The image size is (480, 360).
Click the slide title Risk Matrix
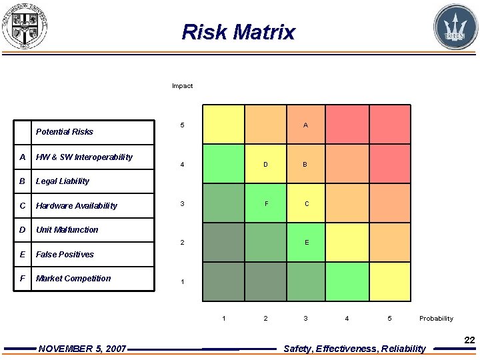pos(238,31)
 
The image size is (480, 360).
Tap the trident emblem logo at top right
pos(455,27)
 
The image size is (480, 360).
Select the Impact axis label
pos(182,86)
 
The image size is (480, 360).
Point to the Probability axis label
pos(436,319)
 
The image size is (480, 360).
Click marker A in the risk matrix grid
pos(305,125)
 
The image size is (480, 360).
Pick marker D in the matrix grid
pos(265,165)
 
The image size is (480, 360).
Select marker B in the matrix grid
pos(305,165)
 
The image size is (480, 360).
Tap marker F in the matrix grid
pos(265,203)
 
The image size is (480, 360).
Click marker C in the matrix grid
pos(307,203)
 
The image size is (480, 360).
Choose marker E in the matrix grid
pos(307,243)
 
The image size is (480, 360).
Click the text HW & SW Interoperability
pos(84,157)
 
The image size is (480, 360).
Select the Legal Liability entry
pos(63,181)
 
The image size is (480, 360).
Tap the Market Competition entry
pos(73,279)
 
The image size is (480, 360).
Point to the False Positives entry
pos(65,255)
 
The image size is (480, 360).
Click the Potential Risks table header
pos(64,132)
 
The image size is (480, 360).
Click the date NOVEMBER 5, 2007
pos(82,349)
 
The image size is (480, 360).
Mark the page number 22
pos(469,340)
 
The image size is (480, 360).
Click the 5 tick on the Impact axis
pos(182,125)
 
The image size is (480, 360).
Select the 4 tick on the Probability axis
pos(347,319)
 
